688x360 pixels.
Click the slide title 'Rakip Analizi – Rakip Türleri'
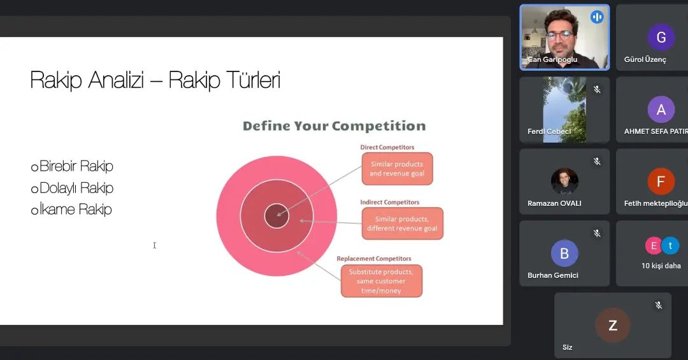[155, 80]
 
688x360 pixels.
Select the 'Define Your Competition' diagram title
[334, 126]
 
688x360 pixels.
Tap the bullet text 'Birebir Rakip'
[76, 166]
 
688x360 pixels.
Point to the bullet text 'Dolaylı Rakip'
[76, 188]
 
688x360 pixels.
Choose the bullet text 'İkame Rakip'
[75, 210]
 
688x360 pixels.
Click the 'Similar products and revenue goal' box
[397, 169]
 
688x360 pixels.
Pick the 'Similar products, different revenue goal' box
[403, 224]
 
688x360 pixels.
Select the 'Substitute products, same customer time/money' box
[382, 281]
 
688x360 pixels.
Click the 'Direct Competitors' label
[387, 148]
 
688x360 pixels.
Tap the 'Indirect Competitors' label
[390, 203]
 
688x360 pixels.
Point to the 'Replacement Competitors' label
[374, 259]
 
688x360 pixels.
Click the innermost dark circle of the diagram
[276, 215]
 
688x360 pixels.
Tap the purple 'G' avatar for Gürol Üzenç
[661, 38]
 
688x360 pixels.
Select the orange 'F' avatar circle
[661, 182]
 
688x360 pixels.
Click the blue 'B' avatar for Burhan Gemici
[564, 254]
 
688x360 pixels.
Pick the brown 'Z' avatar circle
[613, 326]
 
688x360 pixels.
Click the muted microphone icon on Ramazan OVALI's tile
[597, 161]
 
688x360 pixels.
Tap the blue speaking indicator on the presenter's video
[597, 17]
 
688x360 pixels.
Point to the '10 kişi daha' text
[661, 266]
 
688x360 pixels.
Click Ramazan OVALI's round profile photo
[564, 182]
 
